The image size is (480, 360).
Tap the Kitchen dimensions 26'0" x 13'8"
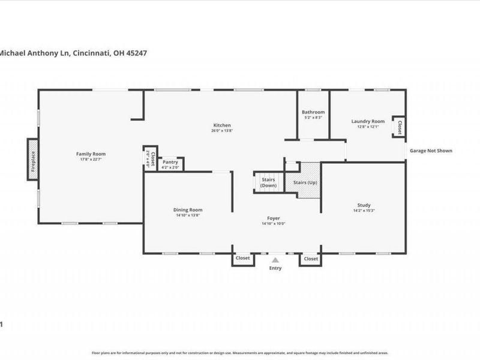(x=221, y=131)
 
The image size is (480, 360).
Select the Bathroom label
(x=313, y=112)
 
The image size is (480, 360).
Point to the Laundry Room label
(x=368, y=121)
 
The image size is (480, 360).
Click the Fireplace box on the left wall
(x=33, y=159)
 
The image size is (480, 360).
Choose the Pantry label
(x=170, y=162)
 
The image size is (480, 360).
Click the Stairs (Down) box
(x=268, y=182)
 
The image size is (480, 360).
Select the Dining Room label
(x=188, y=210)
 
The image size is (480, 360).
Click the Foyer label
(x=274, y=218)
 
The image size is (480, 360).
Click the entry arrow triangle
(x=275, y=260)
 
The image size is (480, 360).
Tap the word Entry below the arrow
(x=275, y=268)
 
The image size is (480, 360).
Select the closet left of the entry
(x=242, y=258)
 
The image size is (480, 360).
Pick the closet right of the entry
(x=310, y=258)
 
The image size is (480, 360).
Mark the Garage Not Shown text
(x=431, y=151)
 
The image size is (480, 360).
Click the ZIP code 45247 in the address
(x=136, y=53)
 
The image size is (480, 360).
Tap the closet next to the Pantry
(x=150, y=158)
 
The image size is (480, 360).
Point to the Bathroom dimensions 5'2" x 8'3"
(x=313, y=118)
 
